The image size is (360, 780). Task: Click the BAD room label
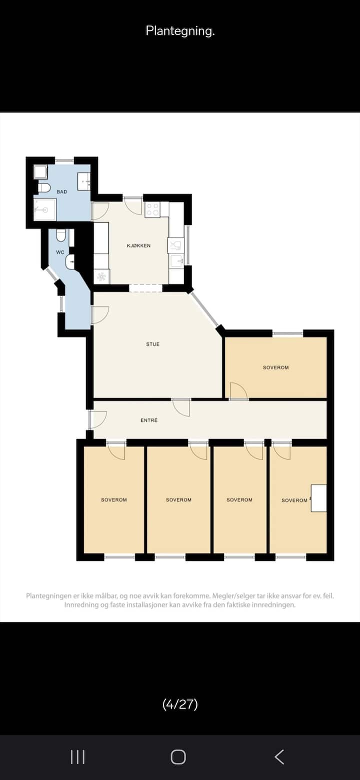pos(61,191)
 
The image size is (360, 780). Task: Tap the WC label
pos(60,252)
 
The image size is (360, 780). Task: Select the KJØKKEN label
pos(138,245)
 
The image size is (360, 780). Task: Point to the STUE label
pos(153,344)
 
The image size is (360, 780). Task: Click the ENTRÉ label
pos(149,420)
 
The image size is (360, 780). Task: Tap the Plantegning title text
pos(180,31)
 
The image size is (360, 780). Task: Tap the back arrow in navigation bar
pos(279,756)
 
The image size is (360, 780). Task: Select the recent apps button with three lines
pos(77,756)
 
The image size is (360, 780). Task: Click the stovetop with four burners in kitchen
pos(153,210)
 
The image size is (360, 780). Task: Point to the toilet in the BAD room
pos(43,188)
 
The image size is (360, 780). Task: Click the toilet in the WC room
pos(61,235)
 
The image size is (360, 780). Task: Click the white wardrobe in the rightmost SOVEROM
pos(318,498)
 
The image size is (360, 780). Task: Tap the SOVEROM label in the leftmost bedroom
pos(114,499)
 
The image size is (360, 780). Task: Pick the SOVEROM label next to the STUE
pos(275,367)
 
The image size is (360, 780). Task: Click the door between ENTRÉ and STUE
pos(181,407)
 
